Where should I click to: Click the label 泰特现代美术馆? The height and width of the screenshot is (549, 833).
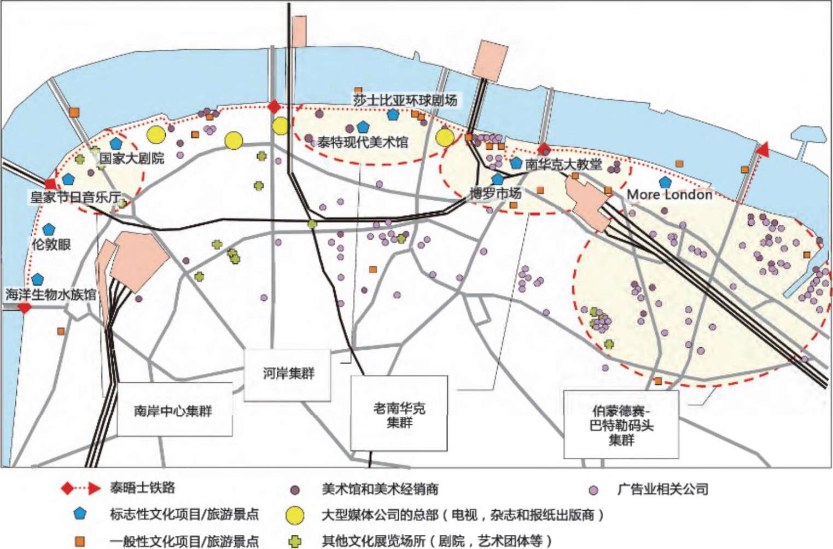click(x=363, y=143)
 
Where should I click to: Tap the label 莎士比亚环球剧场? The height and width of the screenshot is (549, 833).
click(x=404, y=100)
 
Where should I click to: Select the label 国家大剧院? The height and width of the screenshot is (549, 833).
click(x=132, y=159)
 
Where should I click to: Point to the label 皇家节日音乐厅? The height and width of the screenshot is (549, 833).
click(x=75, y=196)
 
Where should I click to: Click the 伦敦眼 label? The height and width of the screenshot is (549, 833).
click(x=51, y=244)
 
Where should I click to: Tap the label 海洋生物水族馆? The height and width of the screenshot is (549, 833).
click(x=50, y=295)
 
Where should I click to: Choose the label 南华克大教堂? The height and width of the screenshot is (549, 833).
click(x=563, y=164)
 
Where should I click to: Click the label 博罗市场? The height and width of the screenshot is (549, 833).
click(x=496, y=194)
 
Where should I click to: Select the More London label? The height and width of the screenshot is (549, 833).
click(x=669, y=195)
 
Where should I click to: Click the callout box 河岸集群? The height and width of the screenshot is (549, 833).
click(x=288, y=374)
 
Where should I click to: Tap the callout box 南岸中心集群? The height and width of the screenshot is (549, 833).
click(x=174, y=410)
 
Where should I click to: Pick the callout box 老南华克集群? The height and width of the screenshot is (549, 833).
click(x=399, y=415)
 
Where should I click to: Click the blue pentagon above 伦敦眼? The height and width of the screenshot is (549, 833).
click(x=49, y=229)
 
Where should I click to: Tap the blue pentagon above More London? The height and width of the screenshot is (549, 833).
click(x=665, y=182)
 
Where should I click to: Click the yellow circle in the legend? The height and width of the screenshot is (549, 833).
click(x=295, y=515)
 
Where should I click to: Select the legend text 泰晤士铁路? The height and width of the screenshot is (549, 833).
click(x=142, y=488)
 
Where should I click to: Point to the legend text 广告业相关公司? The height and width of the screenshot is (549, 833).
click(x=662, y=489)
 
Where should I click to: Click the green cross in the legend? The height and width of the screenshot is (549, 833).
click(x=295, y=541)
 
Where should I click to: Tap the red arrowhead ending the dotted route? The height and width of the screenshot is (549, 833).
click(x=762, y=149)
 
